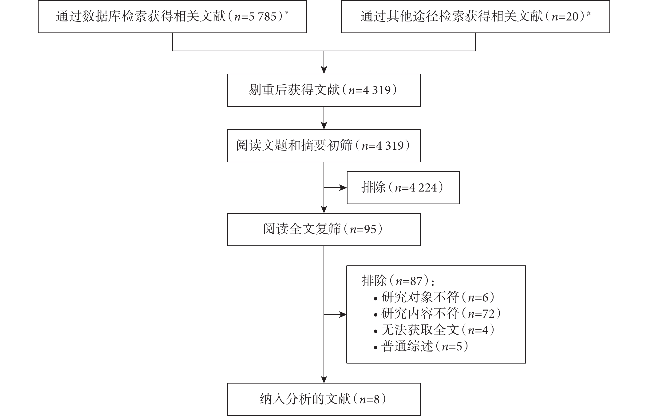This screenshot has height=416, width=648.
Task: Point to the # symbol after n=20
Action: [x=589, y=13]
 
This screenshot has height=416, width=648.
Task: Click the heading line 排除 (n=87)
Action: [x=398, y=281]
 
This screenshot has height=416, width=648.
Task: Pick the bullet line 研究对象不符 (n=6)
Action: [x=434, y=297]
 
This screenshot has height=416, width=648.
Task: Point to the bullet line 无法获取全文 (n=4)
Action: [x=434, y=330]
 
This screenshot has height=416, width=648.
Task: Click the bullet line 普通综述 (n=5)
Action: [x=421, y=346]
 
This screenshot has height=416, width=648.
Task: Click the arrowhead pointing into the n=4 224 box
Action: [x=343, y=188]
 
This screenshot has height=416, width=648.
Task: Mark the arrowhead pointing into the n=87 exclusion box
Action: [x=343, y=314]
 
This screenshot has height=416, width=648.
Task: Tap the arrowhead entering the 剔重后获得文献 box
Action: [x=324, y=70]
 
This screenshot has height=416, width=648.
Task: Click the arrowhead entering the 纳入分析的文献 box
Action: [x=324, y=379]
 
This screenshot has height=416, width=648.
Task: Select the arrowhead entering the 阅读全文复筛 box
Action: [x=324, y=210]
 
